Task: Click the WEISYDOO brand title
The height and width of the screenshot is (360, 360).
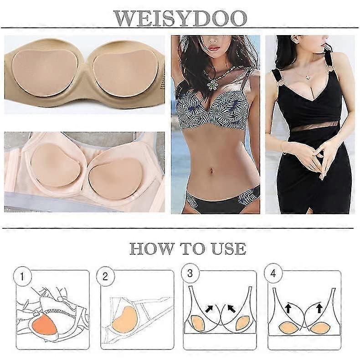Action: [x=180, y=18]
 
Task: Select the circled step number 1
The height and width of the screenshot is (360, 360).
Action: [x=22, y=276]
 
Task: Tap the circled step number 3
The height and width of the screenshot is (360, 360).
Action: [x=190, y=273]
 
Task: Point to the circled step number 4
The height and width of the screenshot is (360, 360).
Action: [x=273, y=273]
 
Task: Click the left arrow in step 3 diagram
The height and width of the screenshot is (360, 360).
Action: [x=209, y=309]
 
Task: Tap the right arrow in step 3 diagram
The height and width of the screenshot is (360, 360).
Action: [x=231, y=309]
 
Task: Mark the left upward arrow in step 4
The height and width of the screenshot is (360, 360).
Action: [x=288, y=308]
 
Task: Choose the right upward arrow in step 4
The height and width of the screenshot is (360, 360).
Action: [x=319, y=308]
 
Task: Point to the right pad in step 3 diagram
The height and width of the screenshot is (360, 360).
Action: [x=242, y=323]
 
